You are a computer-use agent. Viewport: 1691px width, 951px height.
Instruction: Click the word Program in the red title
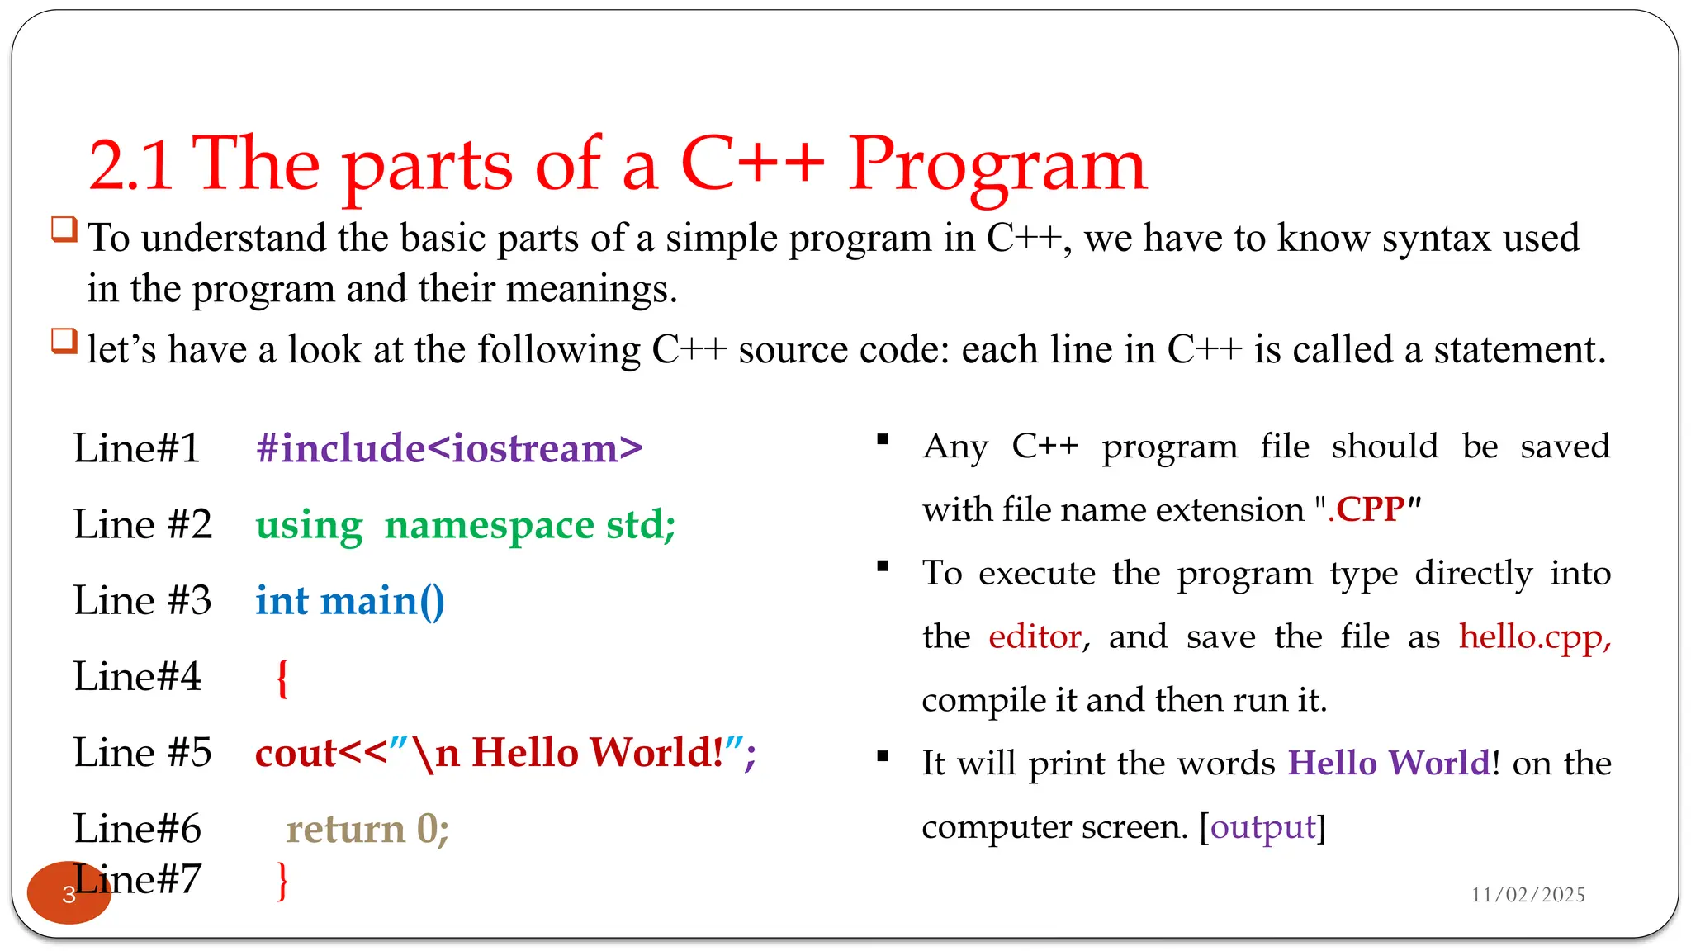click(997, 165)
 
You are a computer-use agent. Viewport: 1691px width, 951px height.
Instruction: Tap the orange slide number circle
click(69, 893)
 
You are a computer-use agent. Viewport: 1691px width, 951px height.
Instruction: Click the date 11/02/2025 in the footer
click(1528, 895)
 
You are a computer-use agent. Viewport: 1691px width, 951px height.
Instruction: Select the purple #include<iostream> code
click(449, 448)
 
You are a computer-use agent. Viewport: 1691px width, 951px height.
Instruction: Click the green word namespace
click(489, 525)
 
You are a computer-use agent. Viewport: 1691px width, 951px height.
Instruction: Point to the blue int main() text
click(350, 601)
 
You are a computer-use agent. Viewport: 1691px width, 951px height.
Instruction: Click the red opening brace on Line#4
click(282, 678)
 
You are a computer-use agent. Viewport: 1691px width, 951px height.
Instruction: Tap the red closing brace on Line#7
click(282, 881)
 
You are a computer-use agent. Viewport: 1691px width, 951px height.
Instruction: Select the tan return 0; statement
click(367, 829)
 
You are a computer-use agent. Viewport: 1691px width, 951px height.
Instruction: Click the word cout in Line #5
click(296, 753)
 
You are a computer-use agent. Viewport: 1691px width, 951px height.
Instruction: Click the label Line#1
click(137, 448)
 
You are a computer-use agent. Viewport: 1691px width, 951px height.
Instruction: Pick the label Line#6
click(137, 829)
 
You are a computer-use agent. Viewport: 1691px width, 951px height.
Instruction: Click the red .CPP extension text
click(1367, 509)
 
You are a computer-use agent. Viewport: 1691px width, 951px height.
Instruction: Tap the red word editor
click(1035, 636)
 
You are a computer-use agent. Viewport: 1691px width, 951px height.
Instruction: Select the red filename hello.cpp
click(1534, 636)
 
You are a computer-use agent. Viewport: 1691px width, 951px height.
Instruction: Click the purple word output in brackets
click(1262, 826)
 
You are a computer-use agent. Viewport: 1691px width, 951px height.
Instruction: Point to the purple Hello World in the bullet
click(1390, 763)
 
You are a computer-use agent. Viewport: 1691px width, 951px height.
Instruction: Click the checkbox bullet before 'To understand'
click(64, 229)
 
